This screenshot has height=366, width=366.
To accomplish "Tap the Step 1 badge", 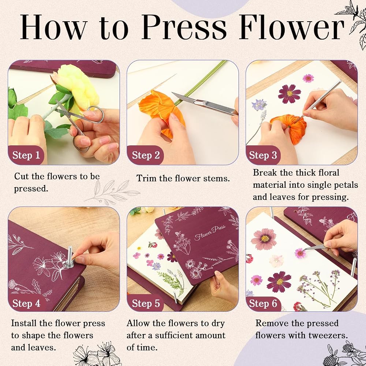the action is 26,155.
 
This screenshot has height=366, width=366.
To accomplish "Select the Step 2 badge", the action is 145,155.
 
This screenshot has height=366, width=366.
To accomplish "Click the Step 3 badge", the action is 263,155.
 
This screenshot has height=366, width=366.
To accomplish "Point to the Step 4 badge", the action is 26,303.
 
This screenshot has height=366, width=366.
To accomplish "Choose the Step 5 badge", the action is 146,303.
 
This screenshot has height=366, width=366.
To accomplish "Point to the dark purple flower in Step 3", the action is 290,94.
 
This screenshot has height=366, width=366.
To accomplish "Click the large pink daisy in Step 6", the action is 264,239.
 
